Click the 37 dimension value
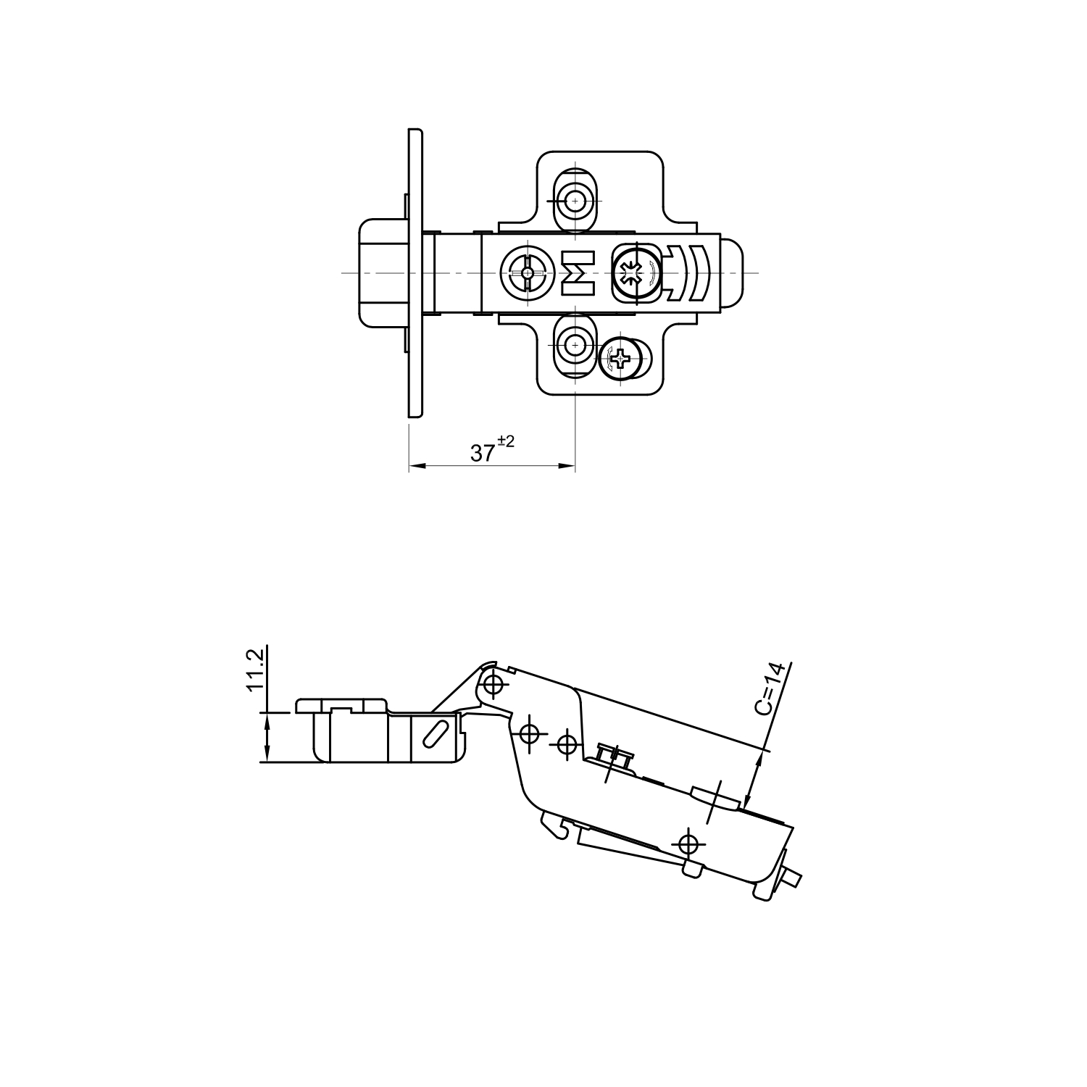coord(483,454)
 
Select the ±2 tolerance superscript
coord(505,441)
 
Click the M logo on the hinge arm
coord(578,273)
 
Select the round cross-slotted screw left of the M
coord(527,273)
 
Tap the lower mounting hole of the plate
coord(575,346)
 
